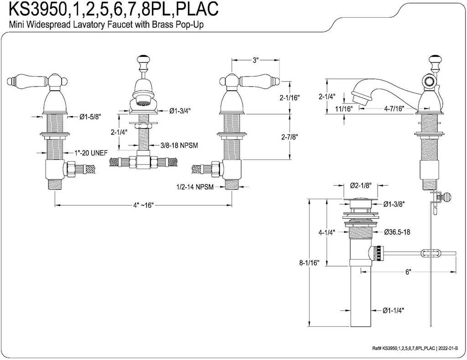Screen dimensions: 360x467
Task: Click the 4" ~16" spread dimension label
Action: pos(144,205)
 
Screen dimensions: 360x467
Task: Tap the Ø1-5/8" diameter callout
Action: pos(90,117)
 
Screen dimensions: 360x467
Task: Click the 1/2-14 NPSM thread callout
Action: pos(197,187)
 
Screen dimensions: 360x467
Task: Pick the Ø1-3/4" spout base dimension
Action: pos(181,110)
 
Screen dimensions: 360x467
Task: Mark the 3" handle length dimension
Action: pos(255,60)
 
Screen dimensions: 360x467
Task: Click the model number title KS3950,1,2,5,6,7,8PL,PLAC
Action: pos(109,8)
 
